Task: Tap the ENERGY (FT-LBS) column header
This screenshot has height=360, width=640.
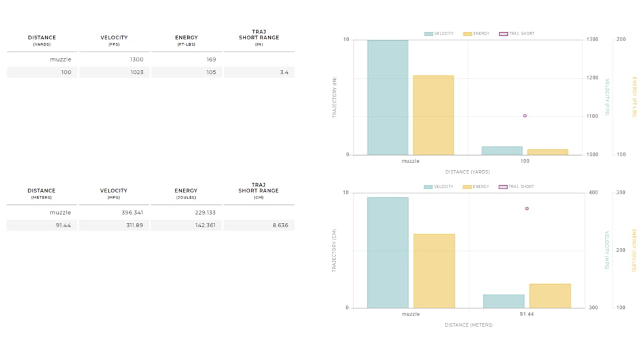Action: click(x=187, y=41)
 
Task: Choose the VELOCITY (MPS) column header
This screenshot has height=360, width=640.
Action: click(x=114, y=193)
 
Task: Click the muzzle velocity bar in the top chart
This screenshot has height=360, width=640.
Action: click(x=387, y=98)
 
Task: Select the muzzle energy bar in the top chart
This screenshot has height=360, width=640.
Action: click(x=433, y=115)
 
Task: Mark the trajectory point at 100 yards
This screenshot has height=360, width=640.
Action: click(x=525, y=116)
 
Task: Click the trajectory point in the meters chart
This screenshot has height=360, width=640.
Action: click(x=527, y=209)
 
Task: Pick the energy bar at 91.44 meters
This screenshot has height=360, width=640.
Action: click(x=550, y=296)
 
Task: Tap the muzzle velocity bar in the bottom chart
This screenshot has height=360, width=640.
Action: click(x=387, y=253)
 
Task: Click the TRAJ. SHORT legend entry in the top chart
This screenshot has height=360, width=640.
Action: click(x=517, y=33)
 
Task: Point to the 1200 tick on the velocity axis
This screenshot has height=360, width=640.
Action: click(x=592, y=78)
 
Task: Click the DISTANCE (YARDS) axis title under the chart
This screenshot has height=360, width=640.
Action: click(x=467, y=172)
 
